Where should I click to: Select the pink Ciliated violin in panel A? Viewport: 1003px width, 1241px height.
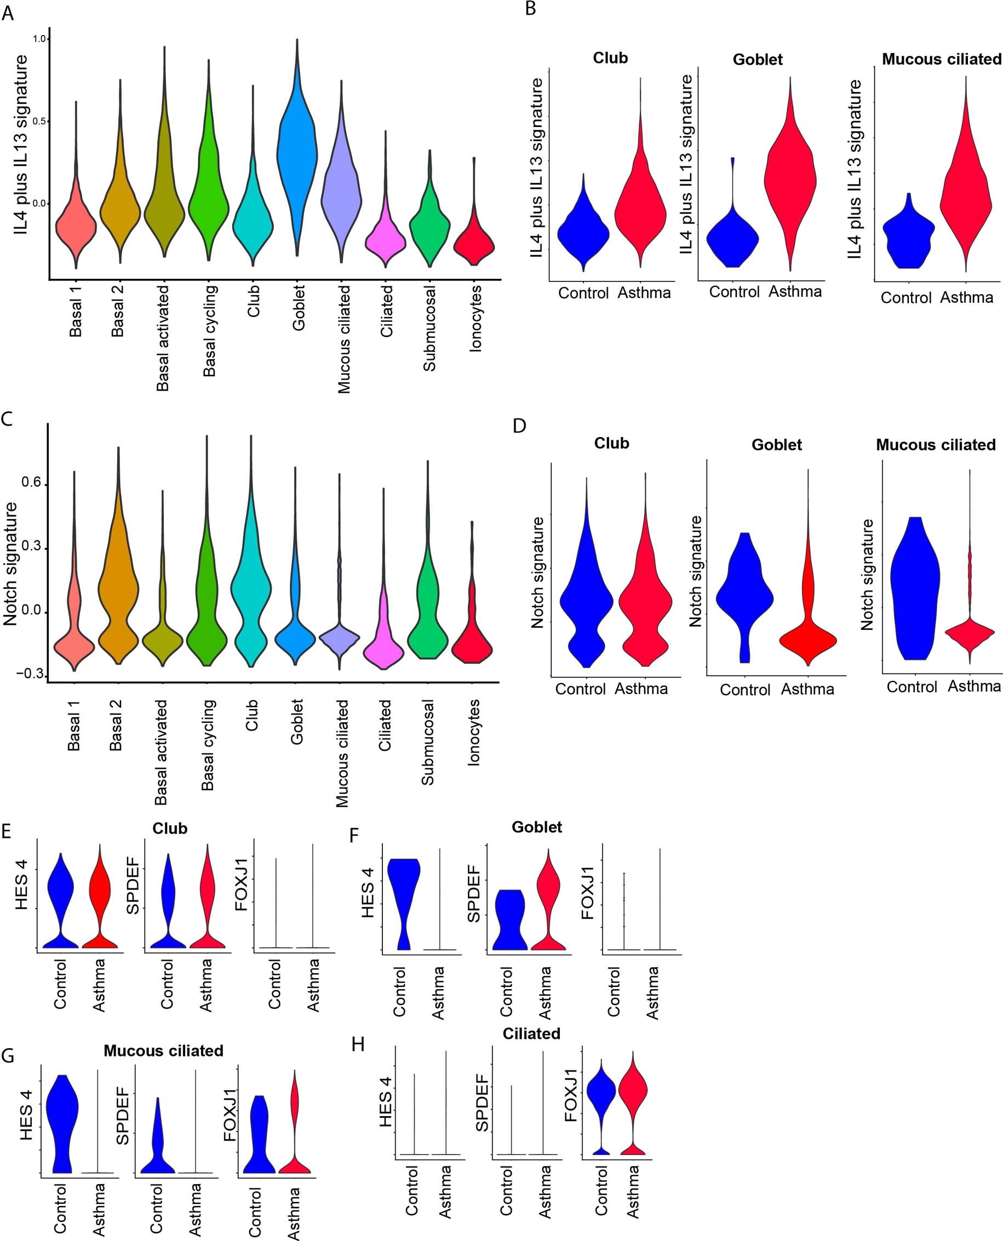click(x=386, y=237)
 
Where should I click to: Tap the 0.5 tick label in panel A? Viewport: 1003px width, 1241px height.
click(x=40, y=121)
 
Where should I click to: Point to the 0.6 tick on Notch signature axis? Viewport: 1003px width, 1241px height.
click(x=32, y=483)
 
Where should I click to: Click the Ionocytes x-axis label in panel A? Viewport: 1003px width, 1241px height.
click(x=475, y=318)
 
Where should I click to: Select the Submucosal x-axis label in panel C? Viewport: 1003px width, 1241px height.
click(x=427, y=742)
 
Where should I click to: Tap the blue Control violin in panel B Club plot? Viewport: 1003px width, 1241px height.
click(x=583, y=231)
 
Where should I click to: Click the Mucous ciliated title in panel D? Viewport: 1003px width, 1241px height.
click(x=936, y=445)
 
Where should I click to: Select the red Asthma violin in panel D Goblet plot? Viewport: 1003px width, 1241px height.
click(x=807, y=638)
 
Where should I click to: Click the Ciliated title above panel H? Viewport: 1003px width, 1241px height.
click(x=531, y=1033)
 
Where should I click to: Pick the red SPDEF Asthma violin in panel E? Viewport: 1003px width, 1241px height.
click(x=207, y=901)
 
